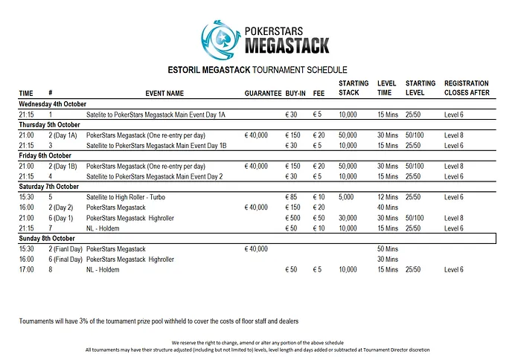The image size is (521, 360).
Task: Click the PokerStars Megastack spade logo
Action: tap(220, 36)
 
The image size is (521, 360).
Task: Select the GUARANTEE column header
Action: tap(261, 94)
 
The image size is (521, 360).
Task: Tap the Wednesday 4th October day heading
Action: tap(53, 104)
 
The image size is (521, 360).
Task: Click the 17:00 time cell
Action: tap(27, 269)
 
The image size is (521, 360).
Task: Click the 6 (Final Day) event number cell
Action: tap(65, 259)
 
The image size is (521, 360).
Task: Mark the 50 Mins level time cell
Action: tap(388, 248)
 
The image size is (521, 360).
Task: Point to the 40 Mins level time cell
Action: tap(388, 208)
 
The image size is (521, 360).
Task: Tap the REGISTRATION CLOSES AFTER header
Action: tap(467, 89)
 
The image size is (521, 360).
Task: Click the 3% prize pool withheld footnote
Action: tap(159, 321)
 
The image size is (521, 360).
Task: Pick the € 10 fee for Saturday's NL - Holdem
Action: tap(319, 228)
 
